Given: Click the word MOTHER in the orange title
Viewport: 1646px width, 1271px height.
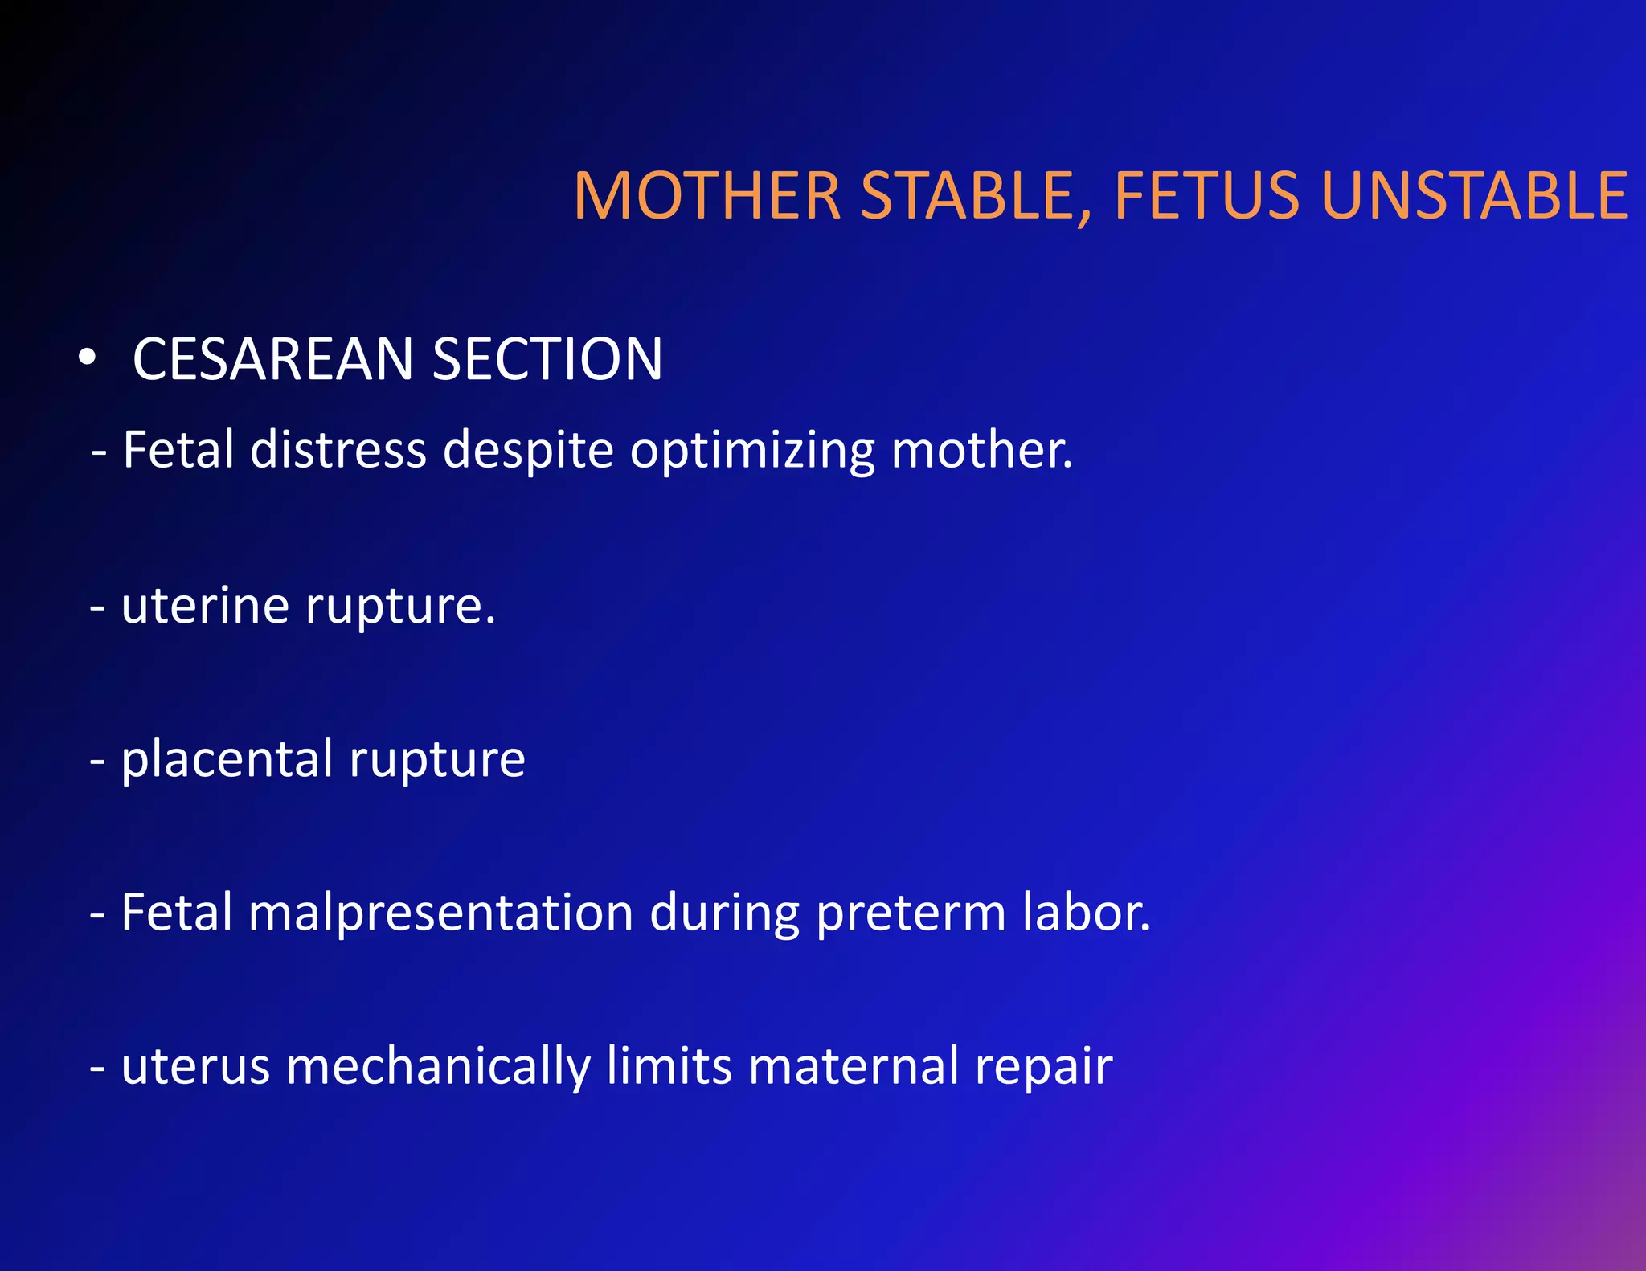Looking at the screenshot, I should [x=707, y=196].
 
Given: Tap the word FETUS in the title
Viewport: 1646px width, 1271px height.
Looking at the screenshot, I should [x=1206, y=196].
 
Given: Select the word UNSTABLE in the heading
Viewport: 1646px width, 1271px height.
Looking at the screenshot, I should [x=1474, y=196].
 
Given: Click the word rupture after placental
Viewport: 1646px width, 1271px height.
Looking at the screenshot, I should [x=437, y=760].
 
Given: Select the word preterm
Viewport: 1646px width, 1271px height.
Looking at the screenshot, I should [x=911, y=913].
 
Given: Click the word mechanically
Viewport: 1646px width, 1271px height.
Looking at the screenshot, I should [x=438, y=1067].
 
